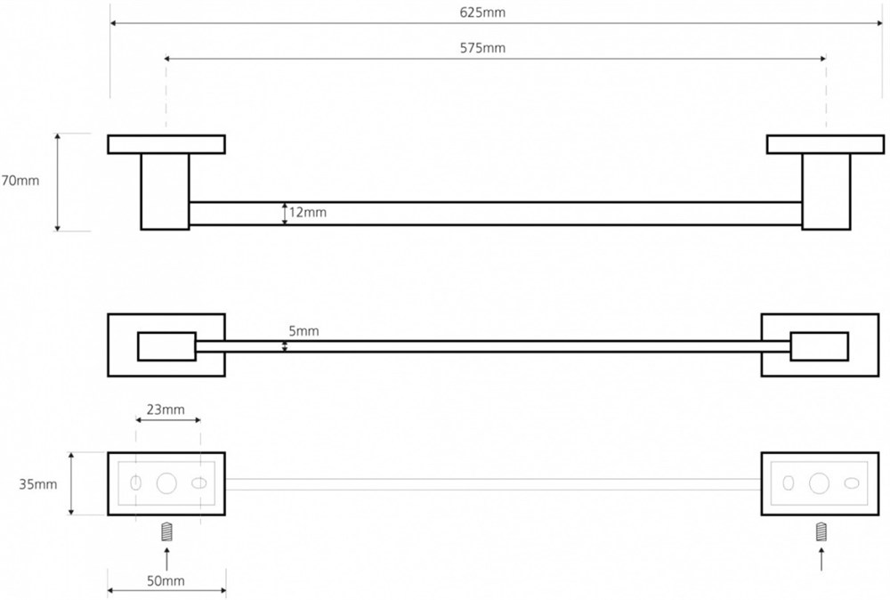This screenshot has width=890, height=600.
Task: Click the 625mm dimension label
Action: coord(481,12)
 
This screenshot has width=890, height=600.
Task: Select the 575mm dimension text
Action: coord(482,48)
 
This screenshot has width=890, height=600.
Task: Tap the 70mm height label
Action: coord(20,181)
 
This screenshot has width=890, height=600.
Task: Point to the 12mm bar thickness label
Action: coord(308,212)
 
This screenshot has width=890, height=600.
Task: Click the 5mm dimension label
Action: coord(303,331)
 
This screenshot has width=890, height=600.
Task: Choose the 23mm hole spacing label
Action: coord(166,409)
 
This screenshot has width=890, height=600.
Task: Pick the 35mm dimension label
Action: coord(38,484)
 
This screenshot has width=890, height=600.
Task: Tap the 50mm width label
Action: coord(166,580)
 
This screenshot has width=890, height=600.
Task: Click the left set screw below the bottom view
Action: coord(166,532)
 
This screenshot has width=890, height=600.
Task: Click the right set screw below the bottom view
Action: coord(821,532)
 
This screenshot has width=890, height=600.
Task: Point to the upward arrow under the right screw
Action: coord(821,558)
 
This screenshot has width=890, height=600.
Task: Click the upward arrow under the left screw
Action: coord(166,558)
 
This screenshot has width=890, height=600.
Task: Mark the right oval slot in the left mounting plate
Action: coord(199,483)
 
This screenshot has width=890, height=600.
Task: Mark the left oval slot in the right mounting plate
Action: coord(789,483)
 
